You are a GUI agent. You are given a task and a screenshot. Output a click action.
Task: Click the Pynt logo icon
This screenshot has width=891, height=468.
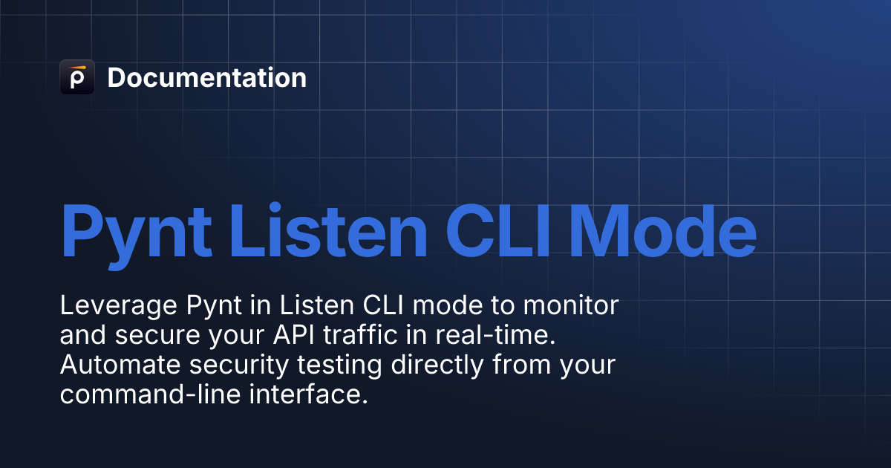pos(77,77)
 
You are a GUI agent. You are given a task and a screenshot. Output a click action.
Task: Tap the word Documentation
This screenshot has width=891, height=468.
pos(206,78)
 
